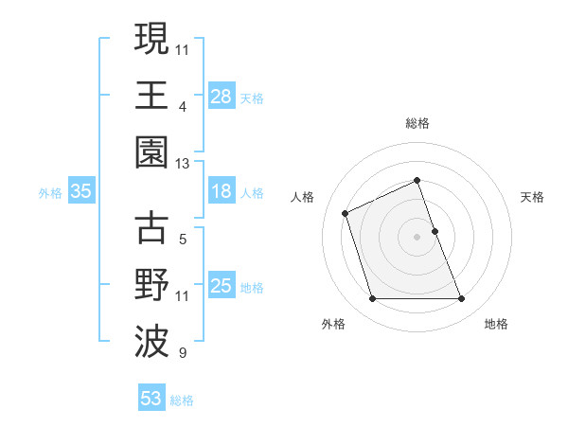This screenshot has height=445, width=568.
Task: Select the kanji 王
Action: (151, 95)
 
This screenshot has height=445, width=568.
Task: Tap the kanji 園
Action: (151, 151)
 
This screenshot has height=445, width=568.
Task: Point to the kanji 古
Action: (151, 228)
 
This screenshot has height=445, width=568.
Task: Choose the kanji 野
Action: (151, 284)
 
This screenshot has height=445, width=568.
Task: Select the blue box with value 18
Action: (221, 191)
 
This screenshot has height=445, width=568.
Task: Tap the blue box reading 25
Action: (221, 285)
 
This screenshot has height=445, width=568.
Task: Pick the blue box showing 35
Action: (80, 191)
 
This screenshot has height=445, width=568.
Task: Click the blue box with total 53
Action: (151, 399)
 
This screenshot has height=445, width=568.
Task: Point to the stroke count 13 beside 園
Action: (183, 164)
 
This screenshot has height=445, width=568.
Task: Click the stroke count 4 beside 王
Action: (183, 108)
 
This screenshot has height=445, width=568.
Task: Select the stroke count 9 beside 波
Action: (183, 354)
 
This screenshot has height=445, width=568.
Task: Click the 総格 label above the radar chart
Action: (417, 123)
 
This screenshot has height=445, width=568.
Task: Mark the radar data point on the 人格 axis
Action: (346, 212)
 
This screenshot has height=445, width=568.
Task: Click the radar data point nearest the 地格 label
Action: (461, 299)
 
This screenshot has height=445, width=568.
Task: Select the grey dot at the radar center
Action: (417, 237)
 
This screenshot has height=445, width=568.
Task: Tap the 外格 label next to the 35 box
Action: (50, 192)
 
